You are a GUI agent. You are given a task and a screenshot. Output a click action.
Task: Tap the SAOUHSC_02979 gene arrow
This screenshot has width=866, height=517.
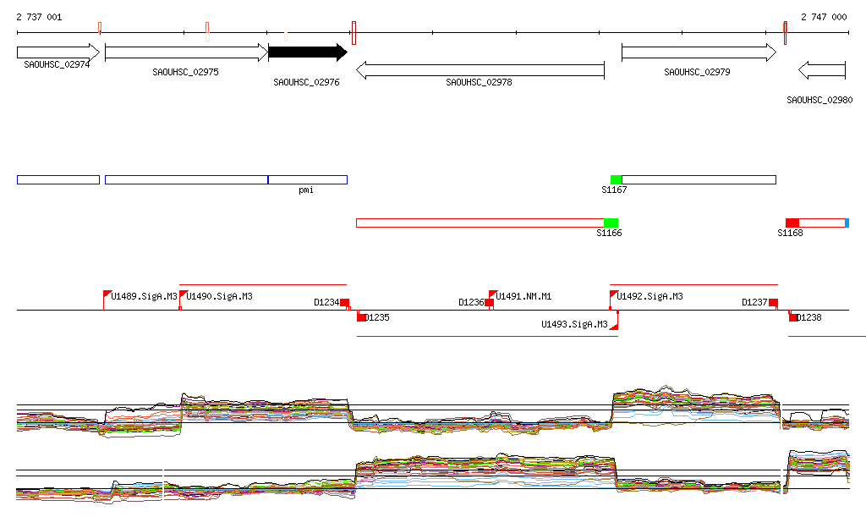click(x=698, y=52)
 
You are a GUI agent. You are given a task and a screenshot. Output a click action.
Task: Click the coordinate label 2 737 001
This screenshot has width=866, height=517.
click(x=39, y=17)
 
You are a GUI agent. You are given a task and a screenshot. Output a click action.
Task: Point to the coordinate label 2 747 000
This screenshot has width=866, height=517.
click(x=824, y=17)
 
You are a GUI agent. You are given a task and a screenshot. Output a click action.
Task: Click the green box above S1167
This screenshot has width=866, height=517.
click(x=616, y=179)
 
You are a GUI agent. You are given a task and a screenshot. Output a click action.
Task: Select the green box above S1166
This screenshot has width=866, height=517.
click(x=611, y=223)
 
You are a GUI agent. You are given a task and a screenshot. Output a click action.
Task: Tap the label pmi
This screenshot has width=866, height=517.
click(x=306, y=190)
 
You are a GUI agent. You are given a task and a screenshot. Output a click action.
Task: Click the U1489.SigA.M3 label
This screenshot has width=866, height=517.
click(x=144, y=297)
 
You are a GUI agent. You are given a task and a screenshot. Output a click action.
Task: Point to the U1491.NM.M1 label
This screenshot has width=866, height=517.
click(x=523, y=297)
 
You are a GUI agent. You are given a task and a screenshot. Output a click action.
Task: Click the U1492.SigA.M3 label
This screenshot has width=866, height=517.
click(x=649, y=297)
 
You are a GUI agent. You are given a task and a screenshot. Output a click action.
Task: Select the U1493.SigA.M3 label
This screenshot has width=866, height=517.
click(x=574, y=324)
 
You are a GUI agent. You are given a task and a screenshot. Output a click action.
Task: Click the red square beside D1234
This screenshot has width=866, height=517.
click(x=344, y=303)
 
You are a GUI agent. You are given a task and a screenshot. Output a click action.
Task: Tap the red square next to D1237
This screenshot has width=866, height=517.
click(x=773, y=303)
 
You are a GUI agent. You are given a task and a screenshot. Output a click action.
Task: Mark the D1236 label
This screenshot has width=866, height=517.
click(x=471, y=302)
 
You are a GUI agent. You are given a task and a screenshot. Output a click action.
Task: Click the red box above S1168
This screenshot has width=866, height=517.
click(x=792, y=223)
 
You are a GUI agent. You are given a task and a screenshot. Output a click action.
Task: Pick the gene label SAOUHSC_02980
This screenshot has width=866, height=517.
click(x=819, y=100)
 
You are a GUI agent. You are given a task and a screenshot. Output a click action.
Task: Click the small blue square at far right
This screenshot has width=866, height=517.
click(x=847, y=223)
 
